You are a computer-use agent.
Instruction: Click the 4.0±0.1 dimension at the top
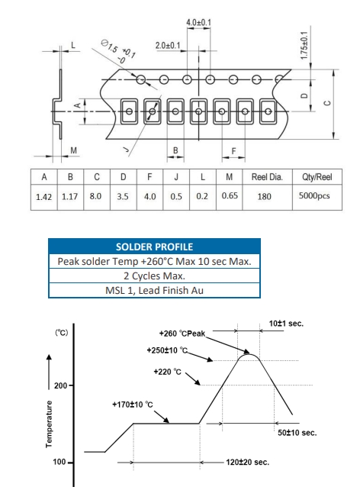(x=199, y=22)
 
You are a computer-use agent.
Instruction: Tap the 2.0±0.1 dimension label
(x=168, y=46)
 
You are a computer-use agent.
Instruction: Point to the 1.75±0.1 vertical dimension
(x=304, y=45)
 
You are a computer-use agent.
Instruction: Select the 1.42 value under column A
(x=44, y=197)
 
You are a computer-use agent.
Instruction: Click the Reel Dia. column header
(x=267, y=177)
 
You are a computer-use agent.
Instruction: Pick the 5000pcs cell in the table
(x=314, y=196)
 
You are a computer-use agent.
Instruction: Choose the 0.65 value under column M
(x=230, y=195)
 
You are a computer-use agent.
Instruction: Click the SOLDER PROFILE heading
(x=154, y=247)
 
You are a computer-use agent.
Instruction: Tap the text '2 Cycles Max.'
(x=154, y=276)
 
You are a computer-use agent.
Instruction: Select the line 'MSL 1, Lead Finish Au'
(x=154, y=290)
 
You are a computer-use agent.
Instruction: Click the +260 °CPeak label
(x=182, y=334)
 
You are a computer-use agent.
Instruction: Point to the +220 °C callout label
(x=167, y=372)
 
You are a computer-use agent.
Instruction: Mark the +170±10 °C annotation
(x=133, y=405)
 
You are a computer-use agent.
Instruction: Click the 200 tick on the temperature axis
(x=60, y=385)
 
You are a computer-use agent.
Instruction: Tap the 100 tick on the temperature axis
(x=59, y=462)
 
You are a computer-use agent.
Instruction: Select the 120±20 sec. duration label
(x=247, y=463)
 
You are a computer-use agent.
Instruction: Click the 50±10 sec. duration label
(x=297, y=433)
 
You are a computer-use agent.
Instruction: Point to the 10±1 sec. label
(x=286, y=324)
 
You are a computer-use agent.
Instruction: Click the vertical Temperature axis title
(x=49, y=424)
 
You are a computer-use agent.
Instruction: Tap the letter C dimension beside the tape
(x=327, y=103)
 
